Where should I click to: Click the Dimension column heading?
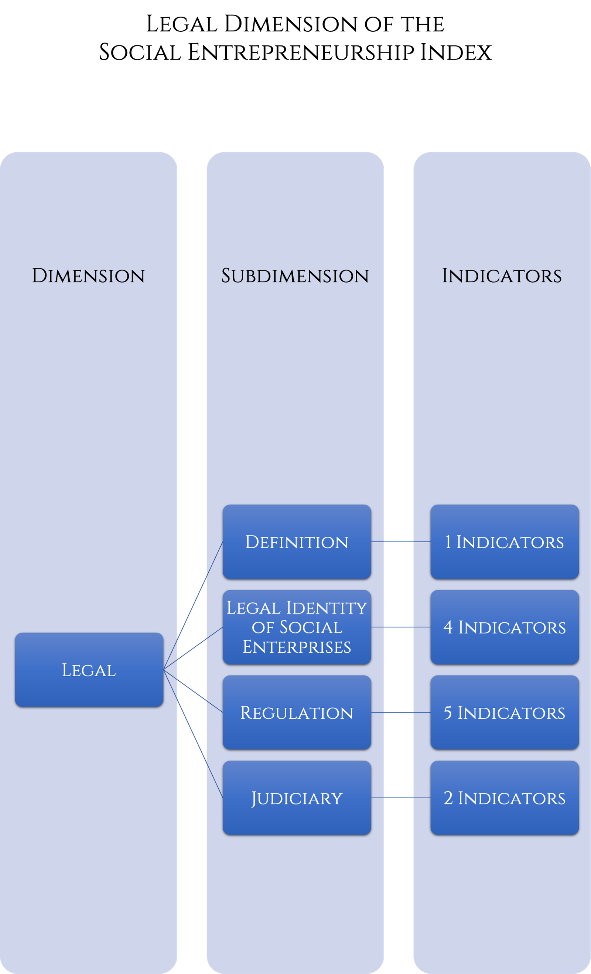click(x=88, y=276)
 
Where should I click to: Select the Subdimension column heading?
click(x=295, y=276)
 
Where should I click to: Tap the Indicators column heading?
click(x=502, y=276)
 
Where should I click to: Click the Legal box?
click(x=89, y=670)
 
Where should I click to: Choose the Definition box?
click(x=297, y=542)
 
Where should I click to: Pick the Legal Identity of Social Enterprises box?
click(x=297, y=627)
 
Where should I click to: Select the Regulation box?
click(x=297, y=713)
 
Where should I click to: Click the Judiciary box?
click(x=297, y=798)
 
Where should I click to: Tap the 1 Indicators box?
click(x=505, y=542)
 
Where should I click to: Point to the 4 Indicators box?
click(x=505, y=627)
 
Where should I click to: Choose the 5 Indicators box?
click(x=505, y=713)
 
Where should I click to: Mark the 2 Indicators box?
click(x=505, y=798)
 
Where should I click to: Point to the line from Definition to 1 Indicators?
click(x=401, y=542)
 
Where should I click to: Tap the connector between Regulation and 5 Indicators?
click(x=401, y=713)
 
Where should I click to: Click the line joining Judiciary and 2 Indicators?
click(x=401, y=798)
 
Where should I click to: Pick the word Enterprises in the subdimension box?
click(x=297, y=647)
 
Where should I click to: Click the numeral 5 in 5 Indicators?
click(x=448, y=713)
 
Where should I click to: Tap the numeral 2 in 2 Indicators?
click(x=448, y=798)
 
